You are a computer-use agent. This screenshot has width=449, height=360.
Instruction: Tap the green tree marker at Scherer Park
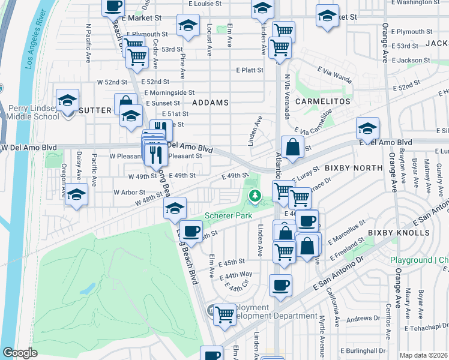point(255,195)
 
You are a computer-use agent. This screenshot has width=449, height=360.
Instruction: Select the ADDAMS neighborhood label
point(210,103)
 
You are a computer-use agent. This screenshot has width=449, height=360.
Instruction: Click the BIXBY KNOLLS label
point(390,232)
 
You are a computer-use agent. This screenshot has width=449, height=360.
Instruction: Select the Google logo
point(20,353)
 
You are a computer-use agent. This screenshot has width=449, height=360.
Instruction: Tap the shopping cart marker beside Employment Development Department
point(224,313)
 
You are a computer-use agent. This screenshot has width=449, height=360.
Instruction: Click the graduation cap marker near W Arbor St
point(76,194)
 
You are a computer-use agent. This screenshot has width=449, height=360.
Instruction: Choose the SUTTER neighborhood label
point(95,110)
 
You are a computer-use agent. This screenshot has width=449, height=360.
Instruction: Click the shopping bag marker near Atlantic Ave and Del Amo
point(292,146)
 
